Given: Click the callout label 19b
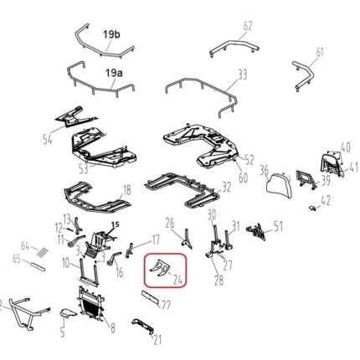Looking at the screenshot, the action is coord(111,34).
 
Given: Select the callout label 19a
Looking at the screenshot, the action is coord(114,73).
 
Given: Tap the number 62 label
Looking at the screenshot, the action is coord(248,26).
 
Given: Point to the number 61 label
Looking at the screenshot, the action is coord(319,53).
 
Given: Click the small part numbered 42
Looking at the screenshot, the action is coord(312,208).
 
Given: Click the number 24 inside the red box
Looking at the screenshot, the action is coord(177,279).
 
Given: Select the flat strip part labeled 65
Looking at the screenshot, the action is coord(38,266).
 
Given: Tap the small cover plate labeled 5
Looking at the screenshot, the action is coord(68,313).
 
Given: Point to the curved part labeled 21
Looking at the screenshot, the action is coord(142,326).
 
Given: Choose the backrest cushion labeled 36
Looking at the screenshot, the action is coord(278,183).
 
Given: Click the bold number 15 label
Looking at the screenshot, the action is coord(116,224).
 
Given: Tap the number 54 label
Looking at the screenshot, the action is coord(48,139).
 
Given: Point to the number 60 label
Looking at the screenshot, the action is coord(243,177).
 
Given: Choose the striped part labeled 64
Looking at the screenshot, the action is coord(43,251).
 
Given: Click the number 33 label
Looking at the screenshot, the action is coord(242,75).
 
